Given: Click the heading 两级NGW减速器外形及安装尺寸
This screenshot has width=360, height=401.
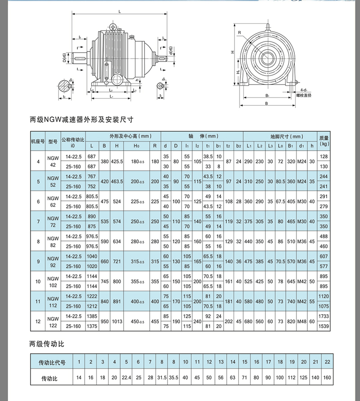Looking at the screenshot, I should pyautogui.click(x=81, y=120).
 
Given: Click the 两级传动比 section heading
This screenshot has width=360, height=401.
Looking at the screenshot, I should pyautogui.click(x=47, y=345).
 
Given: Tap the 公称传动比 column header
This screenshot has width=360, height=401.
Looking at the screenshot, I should pyautogui.click(x=73, y=141).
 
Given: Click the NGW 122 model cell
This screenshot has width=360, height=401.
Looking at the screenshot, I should pyautogui.click(x=53, y=321).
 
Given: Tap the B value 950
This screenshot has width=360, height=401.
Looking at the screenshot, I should pyautogui.click(x=104, y=321).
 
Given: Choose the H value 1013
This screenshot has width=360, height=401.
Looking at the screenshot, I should pyautogui.click(x=117, y=321).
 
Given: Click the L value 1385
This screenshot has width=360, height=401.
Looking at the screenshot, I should pyautogui.click(x=92, y=316).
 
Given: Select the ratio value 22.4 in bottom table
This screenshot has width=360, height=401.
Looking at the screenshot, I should pyautogui.click(x=126, y=377).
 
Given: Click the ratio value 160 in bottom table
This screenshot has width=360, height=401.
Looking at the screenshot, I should pyautogui.click(x=327, y=377).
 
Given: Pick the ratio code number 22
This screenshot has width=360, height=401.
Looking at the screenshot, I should pyautogui.click(x=327, y=362).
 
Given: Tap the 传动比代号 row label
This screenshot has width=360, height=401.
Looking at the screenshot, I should pyautogui.click(x=52, y=362).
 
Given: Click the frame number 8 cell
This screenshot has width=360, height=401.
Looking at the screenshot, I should pyautogui.click(x=38, y=241).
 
